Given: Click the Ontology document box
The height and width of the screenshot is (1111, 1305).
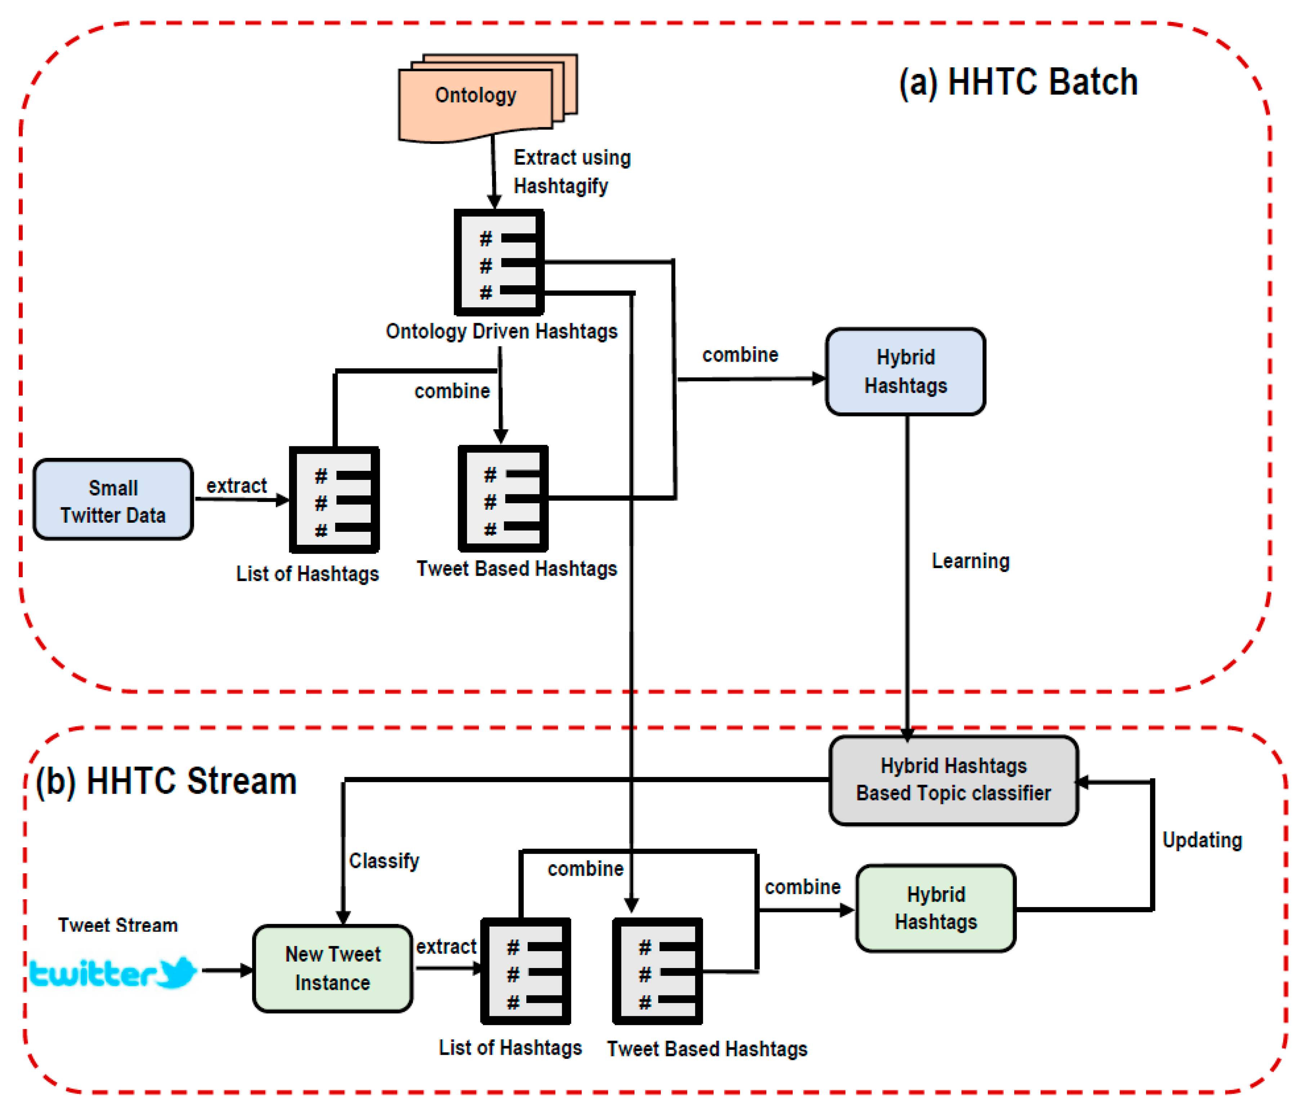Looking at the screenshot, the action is [x=488, y=98].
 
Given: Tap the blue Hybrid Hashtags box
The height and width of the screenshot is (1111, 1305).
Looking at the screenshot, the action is [x=906, y=371].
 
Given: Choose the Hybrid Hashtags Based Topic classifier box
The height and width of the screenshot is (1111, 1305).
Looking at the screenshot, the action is [x=954, y=780].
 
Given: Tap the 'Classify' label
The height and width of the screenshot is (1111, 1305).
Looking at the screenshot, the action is [x=384, y=861].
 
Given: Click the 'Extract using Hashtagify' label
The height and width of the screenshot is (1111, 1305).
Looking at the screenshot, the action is [x=572, y=172].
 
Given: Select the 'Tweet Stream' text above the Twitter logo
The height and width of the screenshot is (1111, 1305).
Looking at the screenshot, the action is [x=118, y=925].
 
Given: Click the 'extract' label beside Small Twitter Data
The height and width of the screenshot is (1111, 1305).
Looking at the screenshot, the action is [x=237, y=486].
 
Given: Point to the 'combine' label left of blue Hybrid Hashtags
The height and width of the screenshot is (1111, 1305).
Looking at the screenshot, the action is [x=740, y=354].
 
